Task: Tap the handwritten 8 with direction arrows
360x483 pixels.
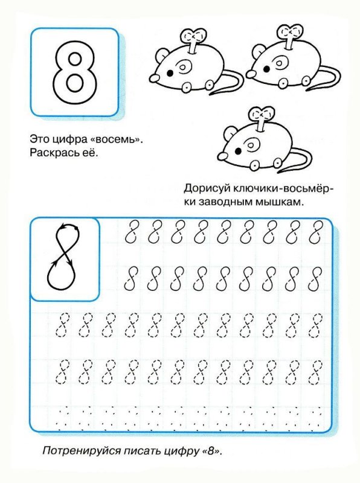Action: (x=65, y=258)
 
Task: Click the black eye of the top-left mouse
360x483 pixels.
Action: (x=170, y=71)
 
